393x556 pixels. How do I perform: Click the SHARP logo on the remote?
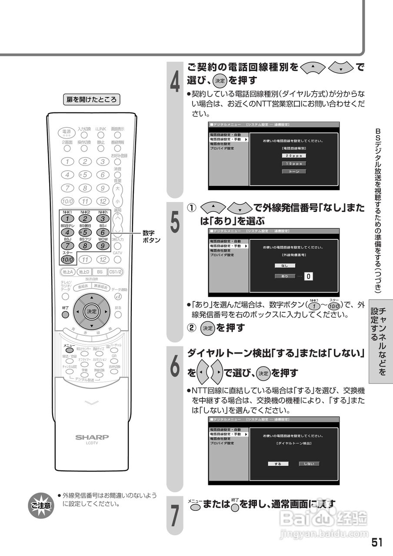[x=92, y=437]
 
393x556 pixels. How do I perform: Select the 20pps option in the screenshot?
[x=294, y=156]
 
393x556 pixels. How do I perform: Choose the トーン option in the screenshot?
[x=294, y=172]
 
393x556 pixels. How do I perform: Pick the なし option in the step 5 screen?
[x=285, y=265]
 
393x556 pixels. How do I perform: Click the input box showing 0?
[x=308, y=276]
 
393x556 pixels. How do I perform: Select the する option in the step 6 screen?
[x=278, y=464]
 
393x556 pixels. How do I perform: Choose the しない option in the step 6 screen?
[x=309, y=464]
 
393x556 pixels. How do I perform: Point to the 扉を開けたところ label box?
[x=91, y=99]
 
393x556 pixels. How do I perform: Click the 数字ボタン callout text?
[x=151, y=237]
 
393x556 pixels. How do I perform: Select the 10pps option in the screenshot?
[x=294, y=164]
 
